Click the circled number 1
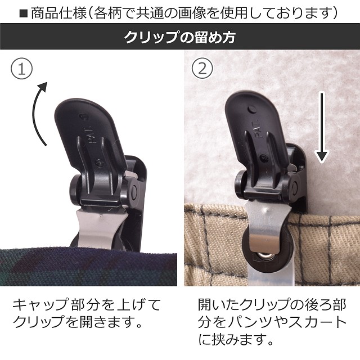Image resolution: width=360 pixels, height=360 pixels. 22,69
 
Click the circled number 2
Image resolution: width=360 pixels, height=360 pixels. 202,68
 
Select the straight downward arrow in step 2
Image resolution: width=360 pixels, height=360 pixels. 322,128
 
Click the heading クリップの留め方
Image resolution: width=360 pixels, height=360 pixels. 180,37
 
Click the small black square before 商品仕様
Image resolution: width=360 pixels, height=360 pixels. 24,13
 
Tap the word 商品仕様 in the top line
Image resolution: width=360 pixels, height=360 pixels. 58,13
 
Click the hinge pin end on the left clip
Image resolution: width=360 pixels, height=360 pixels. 133,191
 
